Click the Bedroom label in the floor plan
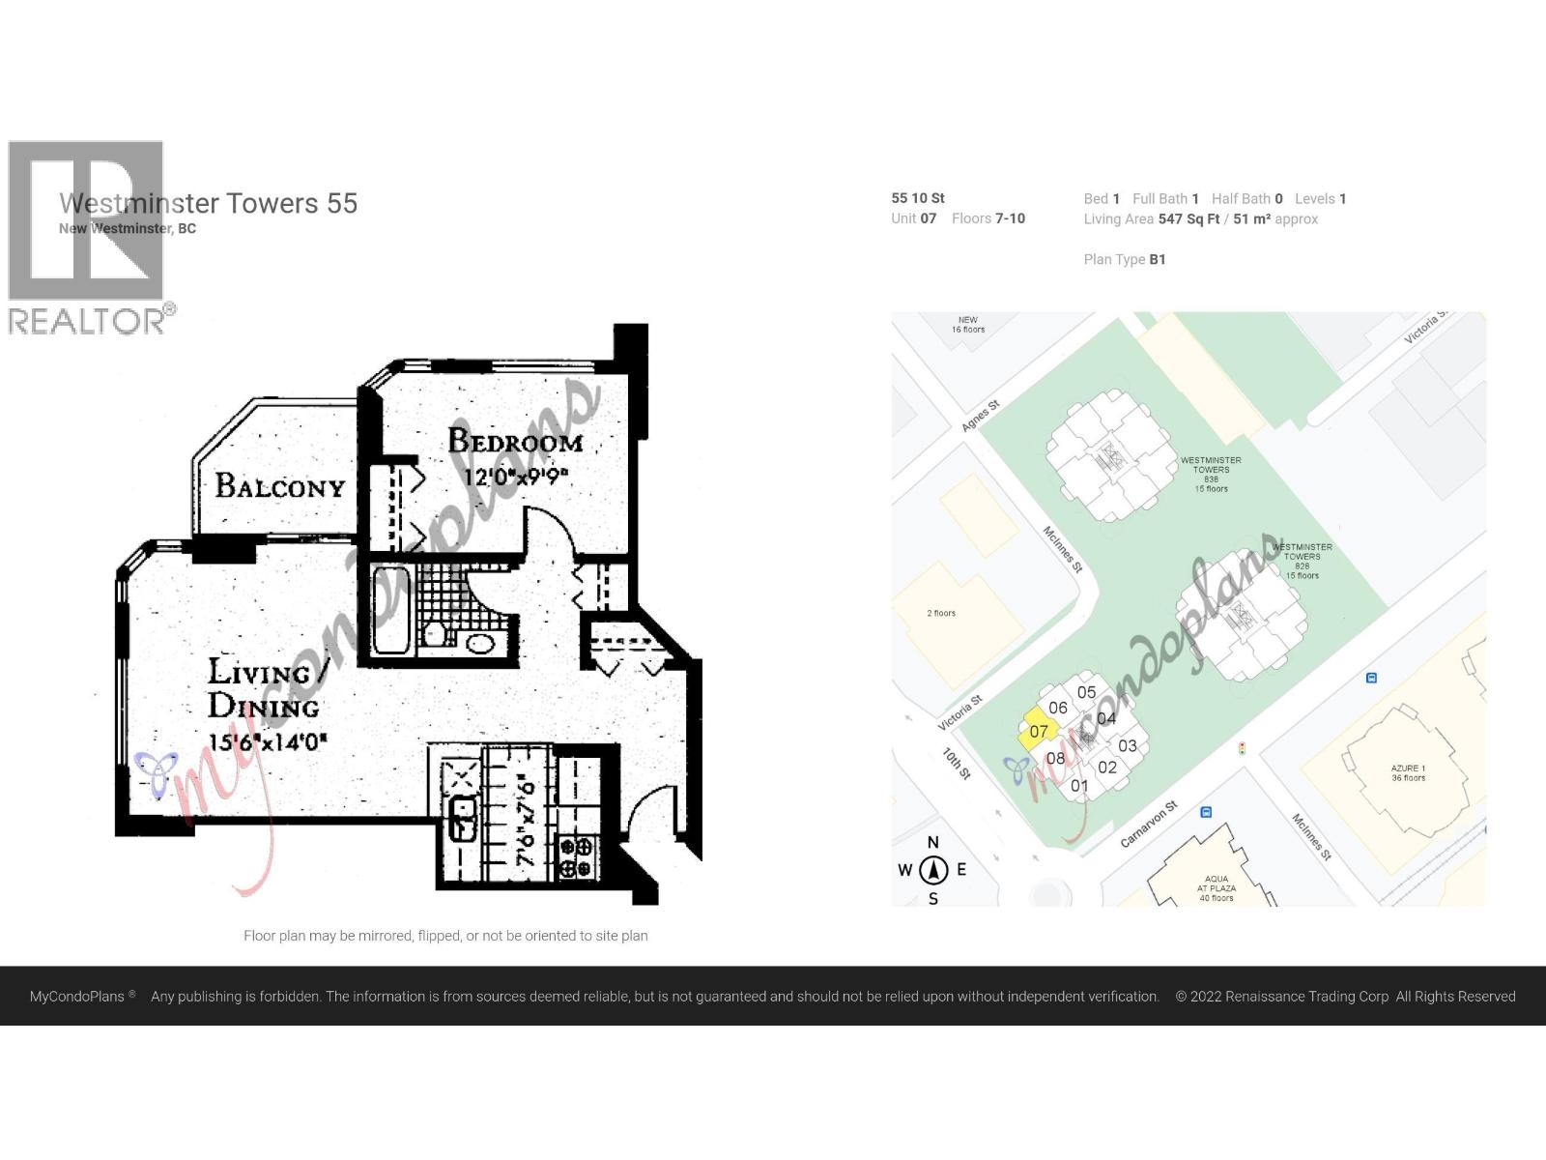515,442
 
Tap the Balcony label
279,485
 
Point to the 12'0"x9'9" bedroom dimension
515,477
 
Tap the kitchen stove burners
577,856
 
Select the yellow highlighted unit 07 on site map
1038,730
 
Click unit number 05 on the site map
1086,692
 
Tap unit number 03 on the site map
1127,746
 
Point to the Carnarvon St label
1149,825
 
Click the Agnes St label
980,417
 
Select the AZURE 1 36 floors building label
1408,772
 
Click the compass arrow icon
933,870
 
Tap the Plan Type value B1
1157,259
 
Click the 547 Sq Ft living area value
1188,219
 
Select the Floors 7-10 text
988,218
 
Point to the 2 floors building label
941,613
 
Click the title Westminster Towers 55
208,204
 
